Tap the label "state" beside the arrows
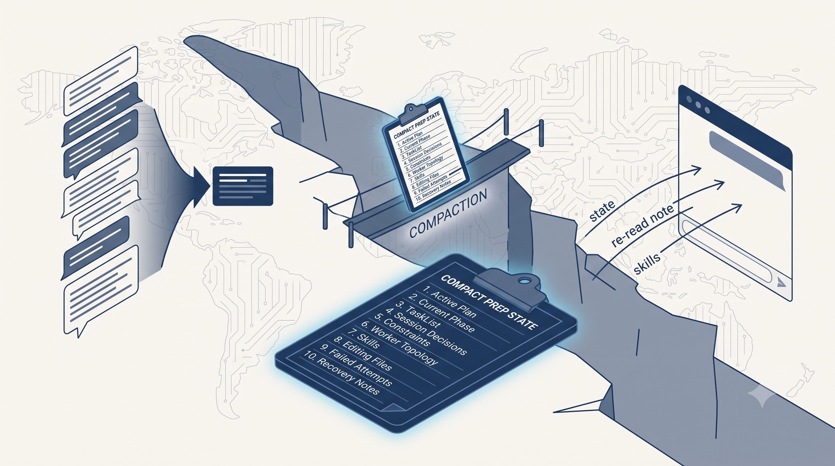[602, 211]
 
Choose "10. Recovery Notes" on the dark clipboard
[341, 375]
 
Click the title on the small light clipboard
[417, 125]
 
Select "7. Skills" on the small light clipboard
[417, 177]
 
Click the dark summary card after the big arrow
[243, 186]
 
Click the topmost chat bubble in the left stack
[101, 81]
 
